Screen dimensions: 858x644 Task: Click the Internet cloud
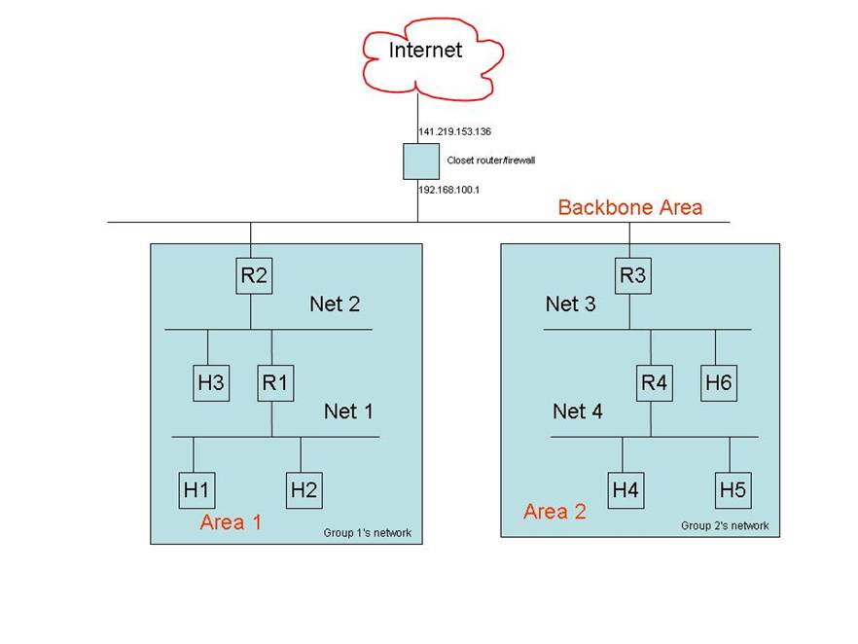[432, 59]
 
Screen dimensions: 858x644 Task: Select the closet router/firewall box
[421, 161]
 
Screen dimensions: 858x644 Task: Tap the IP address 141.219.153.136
[454, 132]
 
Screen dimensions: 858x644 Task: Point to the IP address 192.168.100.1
[448, 190]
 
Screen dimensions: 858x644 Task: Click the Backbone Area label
[629, 207]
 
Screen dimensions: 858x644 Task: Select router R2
[254, 275]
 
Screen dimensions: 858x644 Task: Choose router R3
[633, 275]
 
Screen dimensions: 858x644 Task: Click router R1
[275, 383]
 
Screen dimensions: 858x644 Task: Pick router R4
[655, 383]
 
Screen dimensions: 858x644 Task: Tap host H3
[211, 383]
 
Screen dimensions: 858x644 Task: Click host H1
[197, 490]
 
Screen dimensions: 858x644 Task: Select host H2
[304, 490]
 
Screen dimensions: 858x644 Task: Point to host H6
[719, 383]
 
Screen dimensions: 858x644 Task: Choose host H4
[626, 490]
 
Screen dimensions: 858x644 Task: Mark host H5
[733, 490]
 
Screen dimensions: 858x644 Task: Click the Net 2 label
[335, 304]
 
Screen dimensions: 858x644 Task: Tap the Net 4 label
[577, 411]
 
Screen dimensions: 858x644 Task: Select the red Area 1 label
[231, 522]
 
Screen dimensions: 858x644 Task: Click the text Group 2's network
[725, 526]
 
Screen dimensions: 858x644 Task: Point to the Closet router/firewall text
[491, 161]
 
